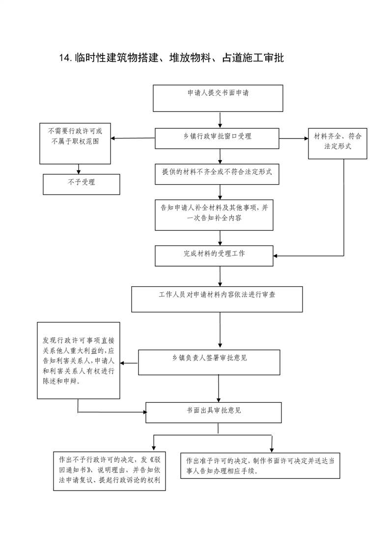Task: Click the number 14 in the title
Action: [x=65, y=58]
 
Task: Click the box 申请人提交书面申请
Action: [x=218, y=98]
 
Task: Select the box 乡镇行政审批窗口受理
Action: [x=217, y=138]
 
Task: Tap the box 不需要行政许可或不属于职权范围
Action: [x=75, y=143]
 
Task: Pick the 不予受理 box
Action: [x=82, y=185]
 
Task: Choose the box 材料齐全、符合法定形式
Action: [x=337, y=143]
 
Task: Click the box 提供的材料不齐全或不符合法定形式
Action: [x=217, y=174]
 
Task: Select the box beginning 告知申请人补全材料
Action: [x=214, y=215]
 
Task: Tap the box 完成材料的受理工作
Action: [x=214, y=256]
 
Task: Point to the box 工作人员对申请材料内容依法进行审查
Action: [x=217, y=300]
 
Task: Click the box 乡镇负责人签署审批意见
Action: [x=209, y=362]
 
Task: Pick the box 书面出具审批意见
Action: [x=214, y=413]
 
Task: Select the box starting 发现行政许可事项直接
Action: [x=79, y=360]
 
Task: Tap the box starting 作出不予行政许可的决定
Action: [x=110, y=471]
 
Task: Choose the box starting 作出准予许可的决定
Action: [x=260, y=466]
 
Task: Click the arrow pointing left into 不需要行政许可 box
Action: [x=133, y=138]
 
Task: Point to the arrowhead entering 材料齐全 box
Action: [x=306, y=138]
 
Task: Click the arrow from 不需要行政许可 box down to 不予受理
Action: [x=79, y=169]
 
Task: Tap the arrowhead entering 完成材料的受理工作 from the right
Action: [x=276, y=256]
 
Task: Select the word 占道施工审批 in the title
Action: [x=253, y=58]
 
